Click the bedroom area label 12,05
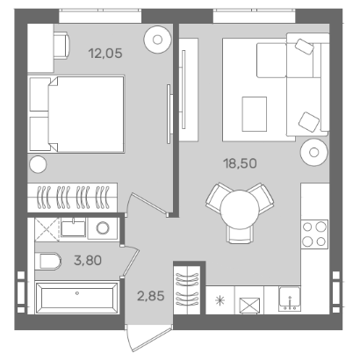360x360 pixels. [105, 54]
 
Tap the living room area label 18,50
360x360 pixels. [241, 163]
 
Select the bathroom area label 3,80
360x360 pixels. [88, 260]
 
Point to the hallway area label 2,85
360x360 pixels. [151, 296]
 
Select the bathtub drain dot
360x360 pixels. [77, 293]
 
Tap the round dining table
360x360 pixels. [240, 209]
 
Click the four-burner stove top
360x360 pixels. [314, 234]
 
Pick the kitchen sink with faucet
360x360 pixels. [290, 299]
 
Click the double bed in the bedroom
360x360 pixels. [76, 114]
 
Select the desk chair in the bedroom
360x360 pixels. [61, 46]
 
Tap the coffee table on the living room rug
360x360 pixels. [255, 114]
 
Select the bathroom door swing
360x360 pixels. [130, 260]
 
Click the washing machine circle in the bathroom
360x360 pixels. [103, 228]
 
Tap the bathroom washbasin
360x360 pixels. [73, 227]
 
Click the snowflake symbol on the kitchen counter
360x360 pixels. [220, 300]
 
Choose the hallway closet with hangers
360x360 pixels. [187, 289]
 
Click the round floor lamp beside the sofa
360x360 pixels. [314, 153]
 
